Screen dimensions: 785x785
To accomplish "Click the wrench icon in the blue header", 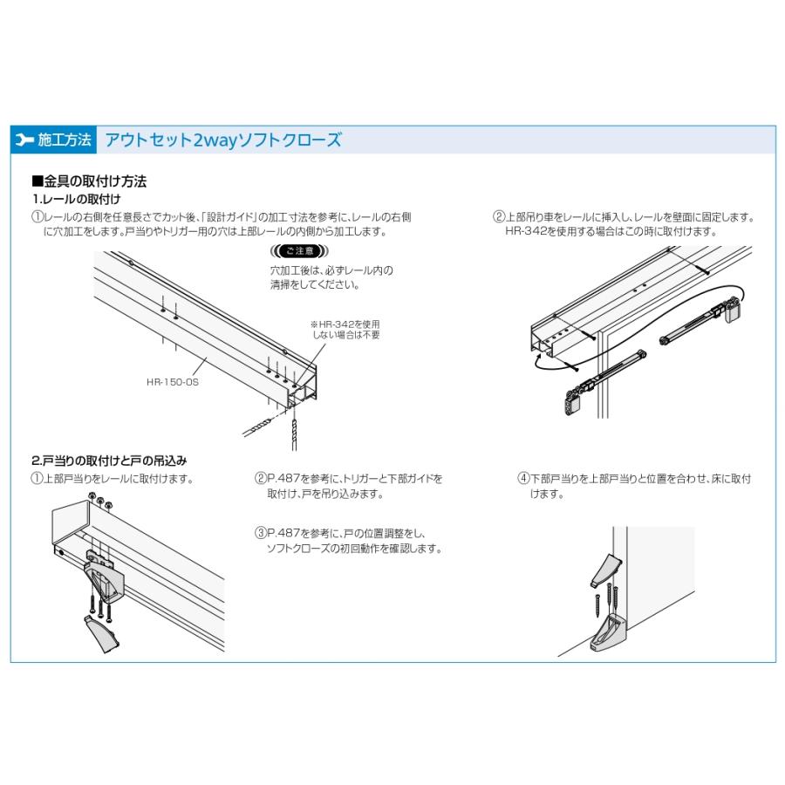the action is coord(24,140).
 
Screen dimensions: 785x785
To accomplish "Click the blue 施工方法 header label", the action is coord(65,140).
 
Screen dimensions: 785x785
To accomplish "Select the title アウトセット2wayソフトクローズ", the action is coord(223,140).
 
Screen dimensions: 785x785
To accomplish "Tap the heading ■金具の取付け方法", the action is coord(89,181).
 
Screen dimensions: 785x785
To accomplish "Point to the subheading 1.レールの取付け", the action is coord(77,199).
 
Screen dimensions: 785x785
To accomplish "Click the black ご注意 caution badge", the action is coord(299,251).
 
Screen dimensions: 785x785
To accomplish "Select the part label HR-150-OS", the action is coord(173,382).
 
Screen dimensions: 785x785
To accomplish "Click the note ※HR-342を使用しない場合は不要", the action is coord(345,330).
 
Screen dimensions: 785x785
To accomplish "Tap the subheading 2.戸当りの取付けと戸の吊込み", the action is coord(109,460).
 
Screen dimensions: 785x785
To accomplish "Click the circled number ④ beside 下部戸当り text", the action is coord(523,478).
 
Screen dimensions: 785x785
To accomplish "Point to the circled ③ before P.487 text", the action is coord(261,533).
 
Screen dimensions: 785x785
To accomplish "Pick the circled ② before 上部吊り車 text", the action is coord(499,217).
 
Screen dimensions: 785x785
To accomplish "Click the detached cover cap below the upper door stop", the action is coord(104,634).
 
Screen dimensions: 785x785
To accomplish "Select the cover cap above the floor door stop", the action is coord(606,570).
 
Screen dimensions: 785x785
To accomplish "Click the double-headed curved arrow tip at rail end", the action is coord(539,356).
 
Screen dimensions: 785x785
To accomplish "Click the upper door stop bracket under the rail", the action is coord(105,576).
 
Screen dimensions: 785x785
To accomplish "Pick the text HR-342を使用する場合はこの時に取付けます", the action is coord(611,231).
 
